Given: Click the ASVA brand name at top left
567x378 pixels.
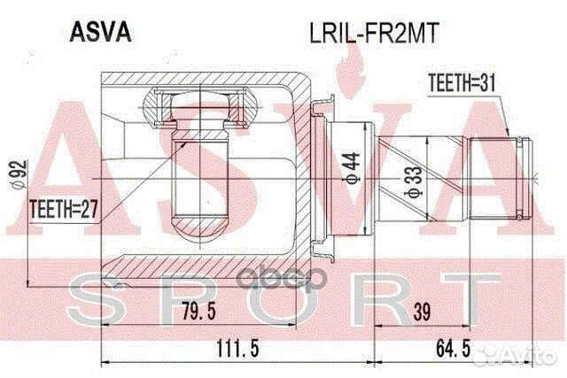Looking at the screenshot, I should point(98,32).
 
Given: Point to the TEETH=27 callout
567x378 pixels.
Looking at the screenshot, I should point(62,211).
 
